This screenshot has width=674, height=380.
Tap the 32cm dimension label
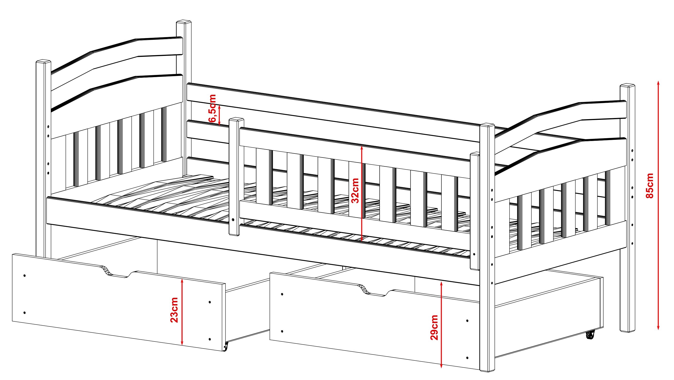coord(355,191)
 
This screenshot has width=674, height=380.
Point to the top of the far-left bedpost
coord(43,62)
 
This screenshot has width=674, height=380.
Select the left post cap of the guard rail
coord(236,120)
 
